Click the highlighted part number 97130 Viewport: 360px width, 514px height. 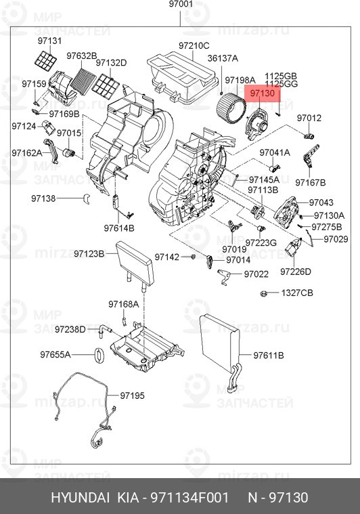coord(263,93)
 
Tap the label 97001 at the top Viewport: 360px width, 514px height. coord(181,4)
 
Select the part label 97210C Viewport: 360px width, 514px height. coord(194,45)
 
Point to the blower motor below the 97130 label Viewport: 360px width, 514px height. coord(256,125)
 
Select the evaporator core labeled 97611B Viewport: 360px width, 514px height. coord(220,343)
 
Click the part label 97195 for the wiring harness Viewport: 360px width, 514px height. coord(132,395)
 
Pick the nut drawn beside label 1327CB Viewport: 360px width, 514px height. coord(263,293)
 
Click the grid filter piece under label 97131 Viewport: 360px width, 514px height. coord(45,60)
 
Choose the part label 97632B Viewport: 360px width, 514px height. coord(82,56)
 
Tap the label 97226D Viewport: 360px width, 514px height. coord(296,272)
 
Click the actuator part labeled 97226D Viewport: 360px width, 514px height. coord(293,247)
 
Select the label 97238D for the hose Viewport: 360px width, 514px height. coord(70,329)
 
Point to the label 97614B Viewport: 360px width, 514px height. coord(119,228)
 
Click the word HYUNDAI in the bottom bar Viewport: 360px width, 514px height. coord(80,498)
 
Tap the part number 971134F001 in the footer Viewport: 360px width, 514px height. coord(189,498)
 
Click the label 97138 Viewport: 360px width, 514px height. coord(43,198)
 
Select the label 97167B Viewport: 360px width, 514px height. coord(311,183)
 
